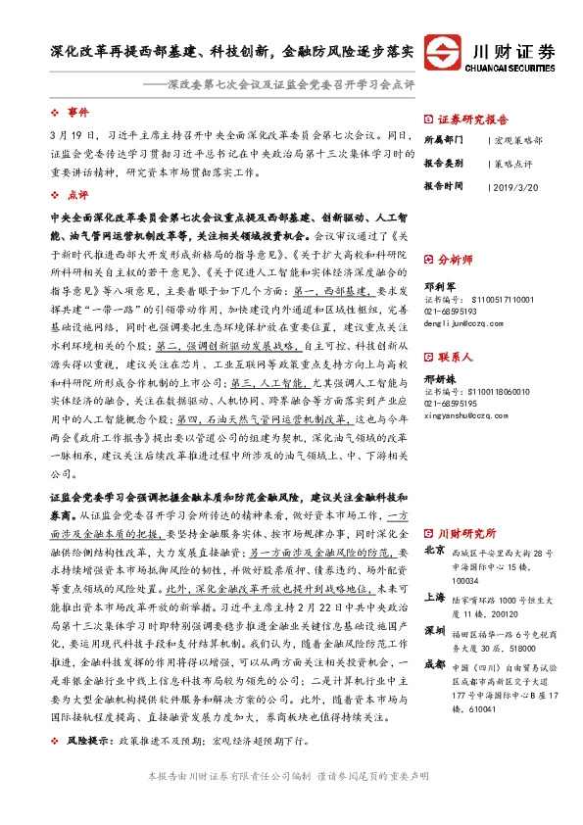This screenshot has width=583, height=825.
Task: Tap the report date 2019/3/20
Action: click(516, 184)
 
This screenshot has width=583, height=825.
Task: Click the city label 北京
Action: click(436, 551)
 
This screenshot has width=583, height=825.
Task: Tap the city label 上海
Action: click(436, 597)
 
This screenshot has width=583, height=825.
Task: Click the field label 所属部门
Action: click(442, 140)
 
